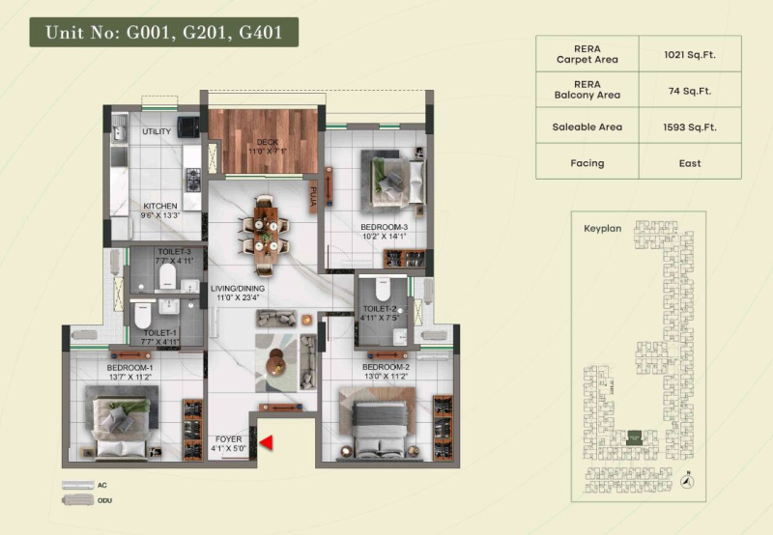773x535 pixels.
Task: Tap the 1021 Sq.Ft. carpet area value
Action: click(690, 53)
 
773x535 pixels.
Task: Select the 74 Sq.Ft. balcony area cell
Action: click(690, 89)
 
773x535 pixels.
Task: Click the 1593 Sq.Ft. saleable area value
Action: click(690, 127)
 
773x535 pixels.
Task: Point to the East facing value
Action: click(690, 162)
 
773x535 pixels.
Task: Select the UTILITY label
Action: click(157, 131)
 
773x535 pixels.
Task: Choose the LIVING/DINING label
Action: click(239, 293)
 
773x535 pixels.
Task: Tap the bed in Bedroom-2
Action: click(378, 420)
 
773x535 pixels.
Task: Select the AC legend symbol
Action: click(76, 485)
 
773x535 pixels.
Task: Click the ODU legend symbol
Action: click(76, 500)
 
